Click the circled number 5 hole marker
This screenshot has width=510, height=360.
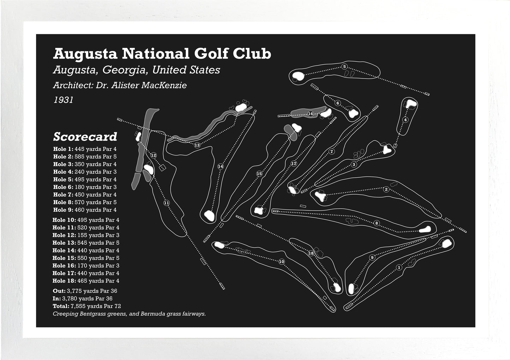pos(344,67)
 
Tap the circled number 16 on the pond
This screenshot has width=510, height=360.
pos(311,114)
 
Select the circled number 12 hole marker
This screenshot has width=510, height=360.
pos(153,155)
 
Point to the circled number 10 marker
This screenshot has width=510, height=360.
pos(281,262)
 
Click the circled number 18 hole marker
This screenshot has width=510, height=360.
pos(311,253)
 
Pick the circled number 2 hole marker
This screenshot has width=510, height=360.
pos(386,190)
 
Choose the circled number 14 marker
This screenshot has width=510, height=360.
pos(221,166)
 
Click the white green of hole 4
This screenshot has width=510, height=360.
pos(411,104)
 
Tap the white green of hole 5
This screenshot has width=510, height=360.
pos(298,76)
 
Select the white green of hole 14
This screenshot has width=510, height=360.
pos(209,215)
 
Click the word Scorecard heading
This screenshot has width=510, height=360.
pos(85,137)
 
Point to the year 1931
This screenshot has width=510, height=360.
pos(63,100)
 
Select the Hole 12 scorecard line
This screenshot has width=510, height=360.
pos(86,235)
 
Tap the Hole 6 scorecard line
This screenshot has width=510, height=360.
pos(85,187)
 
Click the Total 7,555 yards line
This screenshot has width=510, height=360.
pos(86,306)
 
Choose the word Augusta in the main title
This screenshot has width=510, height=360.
pos(85,54)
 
